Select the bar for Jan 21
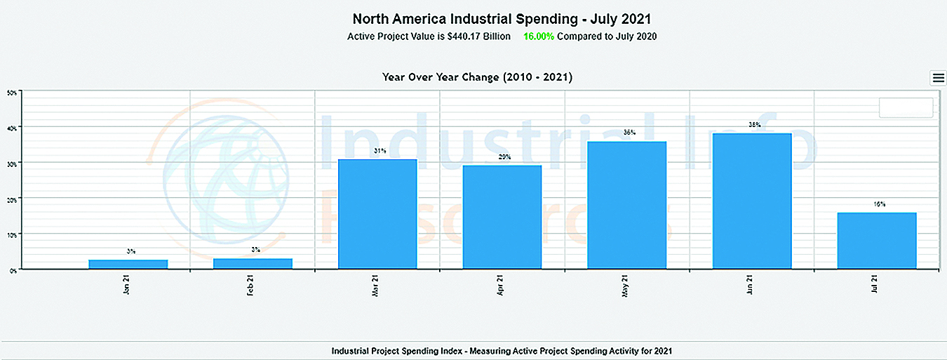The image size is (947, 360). (128, 264)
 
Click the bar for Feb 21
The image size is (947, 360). (253, 263)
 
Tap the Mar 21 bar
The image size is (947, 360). (377, 214)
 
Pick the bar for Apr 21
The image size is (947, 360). (502, 217)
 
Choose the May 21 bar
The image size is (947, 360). (627, 205)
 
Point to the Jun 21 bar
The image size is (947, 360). (752, 201)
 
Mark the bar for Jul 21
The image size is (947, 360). (877, 240)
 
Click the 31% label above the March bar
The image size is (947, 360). (380, 151)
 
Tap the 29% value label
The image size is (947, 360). (505, 157)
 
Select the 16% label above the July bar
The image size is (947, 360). (880, 204)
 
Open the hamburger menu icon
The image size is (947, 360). (938, 78)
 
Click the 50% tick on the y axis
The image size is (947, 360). (12, 91)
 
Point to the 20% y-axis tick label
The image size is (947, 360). (12, 198)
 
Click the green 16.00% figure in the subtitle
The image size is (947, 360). (539, 36)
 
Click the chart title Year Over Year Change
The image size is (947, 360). (477, 77)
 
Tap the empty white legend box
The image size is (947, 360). (906, 107)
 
